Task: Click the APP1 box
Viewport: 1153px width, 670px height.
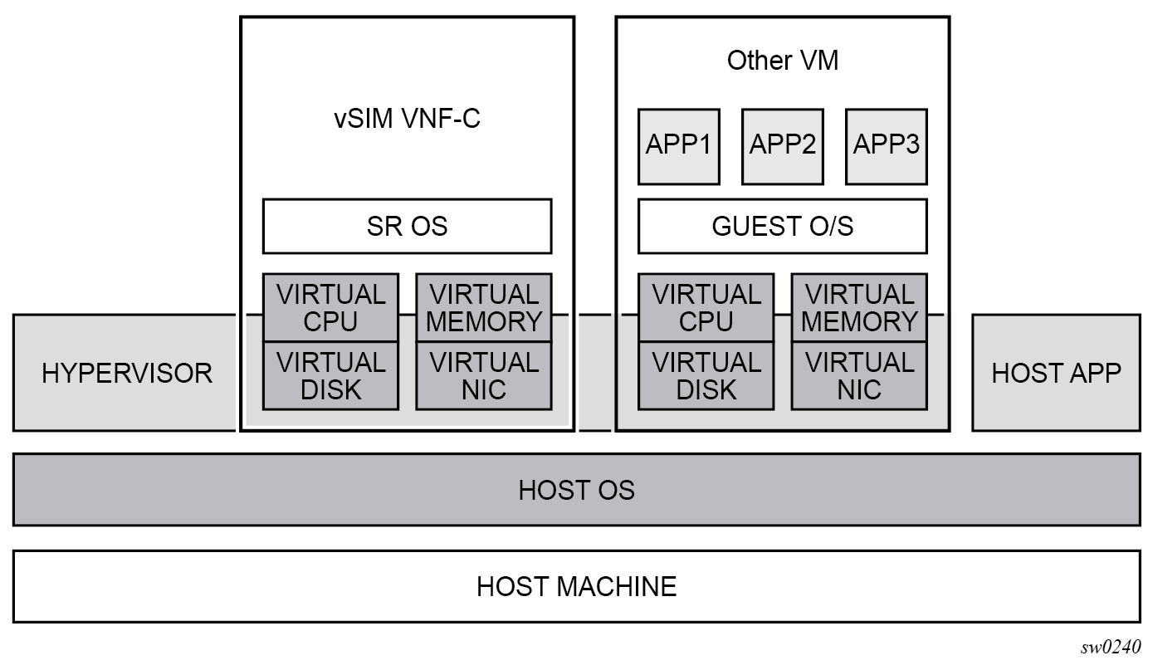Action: pyautogui.click(x=678, y=145)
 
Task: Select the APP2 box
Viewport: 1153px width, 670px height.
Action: pyautogui.click(x=782, y=145)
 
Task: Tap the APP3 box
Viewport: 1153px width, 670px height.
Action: pyautogui.click(x=886, y=145)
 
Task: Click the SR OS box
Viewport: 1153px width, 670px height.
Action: pyautogui.click(x=407, y=226)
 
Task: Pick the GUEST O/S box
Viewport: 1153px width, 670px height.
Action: pyautogui.click(x=782, y=226)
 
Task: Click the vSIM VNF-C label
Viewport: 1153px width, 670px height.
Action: pyautogui.click(x=407, y=119)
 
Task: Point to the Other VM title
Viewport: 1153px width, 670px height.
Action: pyautogui.click(x=782, y=61)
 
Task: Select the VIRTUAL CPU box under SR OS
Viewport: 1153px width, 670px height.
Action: pyautogui.click(x=330, y=307)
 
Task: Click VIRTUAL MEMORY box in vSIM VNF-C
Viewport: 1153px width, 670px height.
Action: pyautogui.click(x=483, y=307)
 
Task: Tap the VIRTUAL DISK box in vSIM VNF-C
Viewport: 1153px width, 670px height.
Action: pyautogui.click(x=330, y=375)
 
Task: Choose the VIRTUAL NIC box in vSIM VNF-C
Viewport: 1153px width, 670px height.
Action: pyautogui.click(x=483, y=375)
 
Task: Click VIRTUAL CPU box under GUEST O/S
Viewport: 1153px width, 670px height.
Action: pyautogui.click(x=706, y=307)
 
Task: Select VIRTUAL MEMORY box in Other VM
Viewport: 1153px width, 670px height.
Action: pyautogui.click(x=859, y=307)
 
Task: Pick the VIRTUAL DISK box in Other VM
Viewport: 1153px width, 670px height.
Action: pyautogui.click(x=706, y=375)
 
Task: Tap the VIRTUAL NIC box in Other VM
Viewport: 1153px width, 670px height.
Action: pyautogui.click(x=859, y=375)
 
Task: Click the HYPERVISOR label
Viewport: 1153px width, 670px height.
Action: pyautogui.click(x=126, y=373)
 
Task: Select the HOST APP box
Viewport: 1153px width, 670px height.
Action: pyautogui.click(x=1056, y=373)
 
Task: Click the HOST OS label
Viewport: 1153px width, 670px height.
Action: pyautogui.click(x=576, y=490)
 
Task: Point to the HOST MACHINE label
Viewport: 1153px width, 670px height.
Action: pyautogui.click(x=576, y=586)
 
